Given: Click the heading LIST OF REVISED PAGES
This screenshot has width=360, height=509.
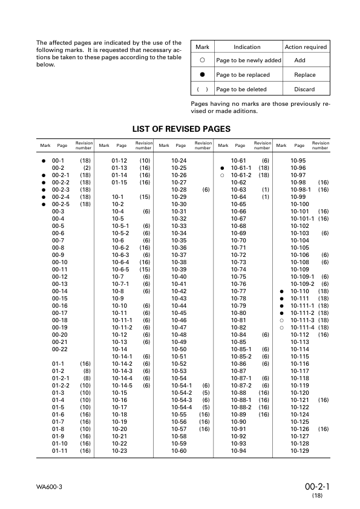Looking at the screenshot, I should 181,129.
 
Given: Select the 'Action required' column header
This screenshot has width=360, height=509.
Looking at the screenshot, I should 305,47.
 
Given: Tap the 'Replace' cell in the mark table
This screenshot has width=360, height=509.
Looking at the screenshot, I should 304,75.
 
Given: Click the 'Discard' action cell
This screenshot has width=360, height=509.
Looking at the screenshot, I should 304,89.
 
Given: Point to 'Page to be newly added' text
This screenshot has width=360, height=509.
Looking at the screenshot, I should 248,61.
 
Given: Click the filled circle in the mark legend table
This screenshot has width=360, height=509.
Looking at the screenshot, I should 203,75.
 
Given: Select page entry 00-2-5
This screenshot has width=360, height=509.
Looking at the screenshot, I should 61,204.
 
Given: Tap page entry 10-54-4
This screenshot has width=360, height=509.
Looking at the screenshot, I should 182,407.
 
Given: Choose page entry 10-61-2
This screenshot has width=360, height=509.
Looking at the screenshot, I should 241,175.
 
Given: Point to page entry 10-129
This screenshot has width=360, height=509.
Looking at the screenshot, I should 299,450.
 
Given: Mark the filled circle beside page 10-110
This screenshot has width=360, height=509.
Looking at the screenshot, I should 282,291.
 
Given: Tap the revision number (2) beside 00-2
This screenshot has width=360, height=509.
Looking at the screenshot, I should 87,167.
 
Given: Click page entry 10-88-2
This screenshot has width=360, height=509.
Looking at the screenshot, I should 241,407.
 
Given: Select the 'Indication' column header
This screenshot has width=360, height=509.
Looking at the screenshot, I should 247,47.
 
